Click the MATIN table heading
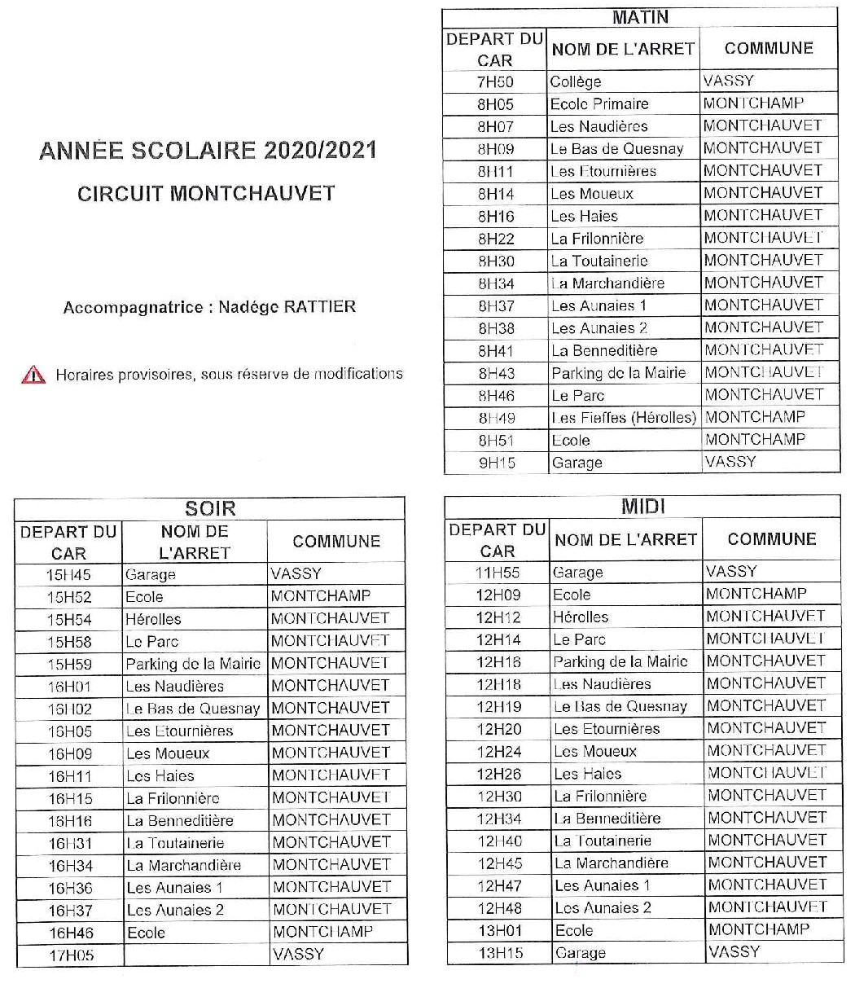(640, 17)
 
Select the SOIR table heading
(210, 509)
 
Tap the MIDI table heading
(643, 507)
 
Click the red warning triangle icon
(33, 375)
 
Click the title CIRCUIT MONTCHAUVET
(206, 194)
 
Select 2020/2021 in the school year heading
(320, 151)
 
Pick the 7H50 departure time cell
(496, 81)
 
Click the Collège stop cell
(576, 81)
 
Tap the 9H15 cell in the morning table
(496, 463)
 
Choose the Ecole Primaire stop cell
(599, 103)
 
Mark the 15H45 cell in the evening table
(69, 574)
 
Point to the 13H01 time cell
(499, 930)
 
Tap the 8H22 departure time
(496, 239)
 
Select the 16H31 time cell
(70, 843)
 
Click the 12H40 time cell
(499, 841)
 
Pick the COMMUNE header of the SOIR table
(336, 542)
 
